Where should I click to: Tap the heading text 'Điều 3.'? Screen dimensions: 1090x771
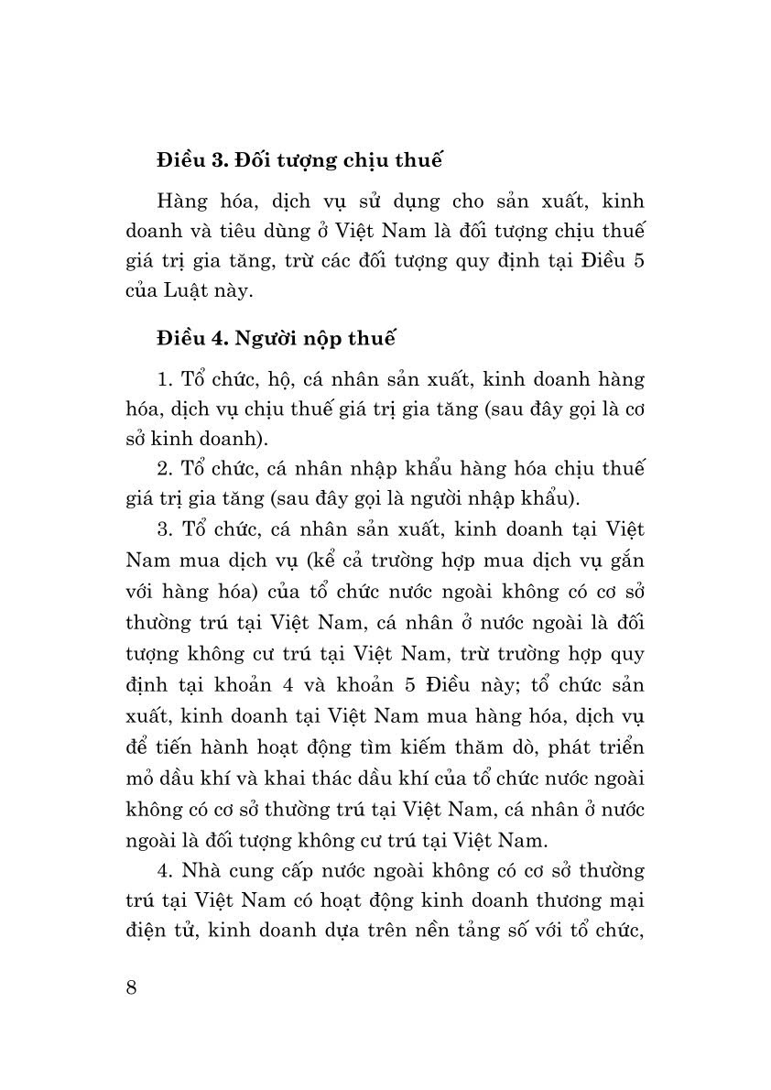click(191, 162)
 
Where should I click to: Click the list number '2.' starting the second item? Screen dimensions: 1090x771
click(165, 467)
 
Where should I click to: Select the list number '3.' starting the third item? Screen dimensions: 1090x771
click(165, 530)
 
